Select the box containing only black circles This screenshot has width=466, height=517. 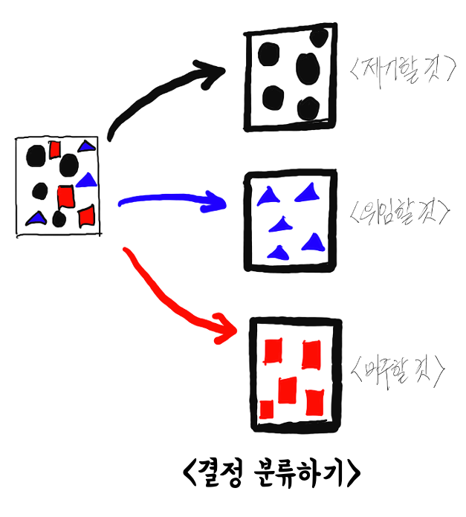[x=290, y=76]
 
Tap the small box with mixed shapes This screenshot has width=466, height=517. [x=58, y=186]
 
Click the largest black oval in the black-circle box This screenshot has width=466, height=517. [x=308, y=68]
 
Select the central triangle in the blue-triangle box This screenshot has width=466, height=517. [x=281, y=224]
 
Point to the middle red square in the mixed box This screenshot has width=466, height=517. [x=65, y=196]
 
